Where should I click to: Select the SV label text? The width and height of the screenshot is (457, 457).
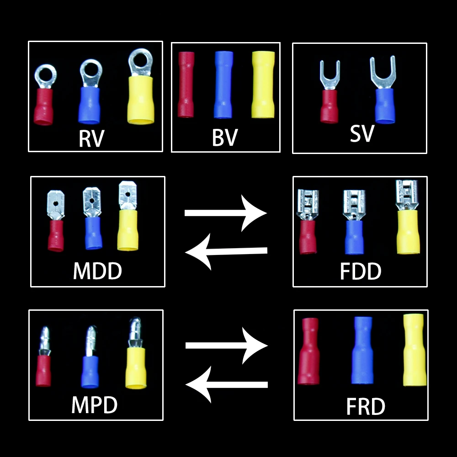tap(362, 133)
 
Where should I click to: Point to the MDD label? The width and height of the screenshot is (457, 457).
tap(98, 271)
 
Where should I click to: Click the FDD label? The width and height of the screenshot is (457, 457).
tap(361, 271)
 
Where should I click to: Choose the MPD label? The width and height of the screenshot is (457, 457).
tap(95, 404)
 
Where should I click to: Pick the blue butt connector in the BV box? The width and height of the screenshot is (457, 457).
tap(223, 85)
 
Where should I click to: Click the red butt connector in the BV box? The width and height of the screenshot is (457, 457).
tap(186, 85)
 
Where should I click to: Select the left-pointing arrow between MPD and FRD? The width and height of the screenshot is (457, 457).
tap(226, 384)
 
